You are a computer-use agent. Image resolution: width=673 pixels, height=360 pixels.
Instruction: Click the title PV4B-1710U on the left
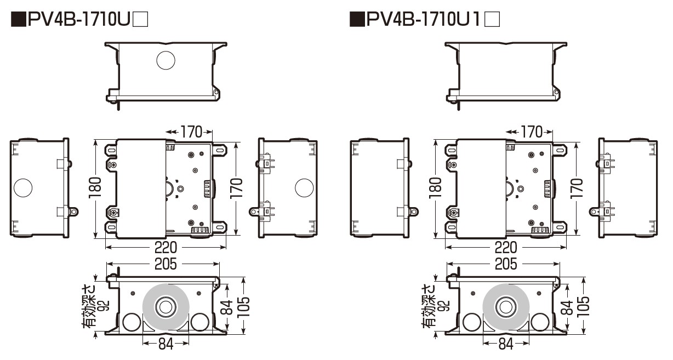pos(79,20)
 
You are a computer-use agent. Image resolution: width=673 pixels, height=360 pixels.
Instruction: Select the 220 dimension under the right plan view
pos(506,247)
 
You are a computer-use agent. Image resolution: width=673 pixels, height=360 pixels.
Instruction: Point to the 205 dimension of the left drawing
pos(165,264)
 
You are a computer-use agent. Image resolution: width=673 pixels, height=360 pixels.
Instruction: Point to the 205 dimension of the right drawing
pos(506,264)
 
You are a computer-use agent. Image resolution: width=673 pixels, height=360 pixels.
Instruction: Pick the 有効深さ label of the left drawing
pos(89,307)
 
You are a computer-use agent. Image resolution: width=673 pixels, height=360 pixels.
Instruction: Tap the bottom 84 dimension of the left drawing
pos(166,344)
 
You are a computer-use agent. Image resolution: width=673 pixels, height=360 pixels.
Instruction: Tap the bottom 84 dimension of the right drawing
pos(506,344)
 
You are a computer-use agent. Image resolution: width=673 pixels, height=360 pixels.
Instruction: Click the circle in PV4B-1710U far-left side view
pos(24,188)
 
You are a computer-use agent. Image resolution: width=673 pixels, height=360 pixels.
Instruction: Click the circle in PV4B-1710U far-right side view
pos(304,188)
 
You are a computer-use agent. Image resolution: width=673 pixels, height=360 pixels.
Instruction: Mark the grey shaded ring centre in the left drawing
pos(165,307)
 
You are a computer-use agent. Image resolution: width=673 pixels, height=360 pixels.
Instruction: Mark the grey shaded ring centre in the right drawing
pos(506,307)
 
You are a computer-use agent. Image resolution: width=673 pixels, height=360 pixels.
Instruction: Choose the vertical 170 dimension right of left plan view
pos(236,189)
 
